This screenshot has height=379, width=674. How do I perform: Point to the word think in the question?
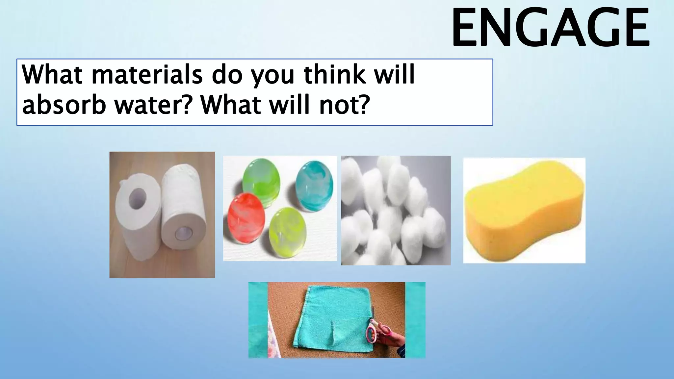click(334, 75)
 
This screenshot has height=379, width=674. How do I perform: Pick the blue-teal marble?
click(314, 186)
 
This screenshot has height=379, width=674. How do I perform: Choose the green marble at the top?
click(261, 178)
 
